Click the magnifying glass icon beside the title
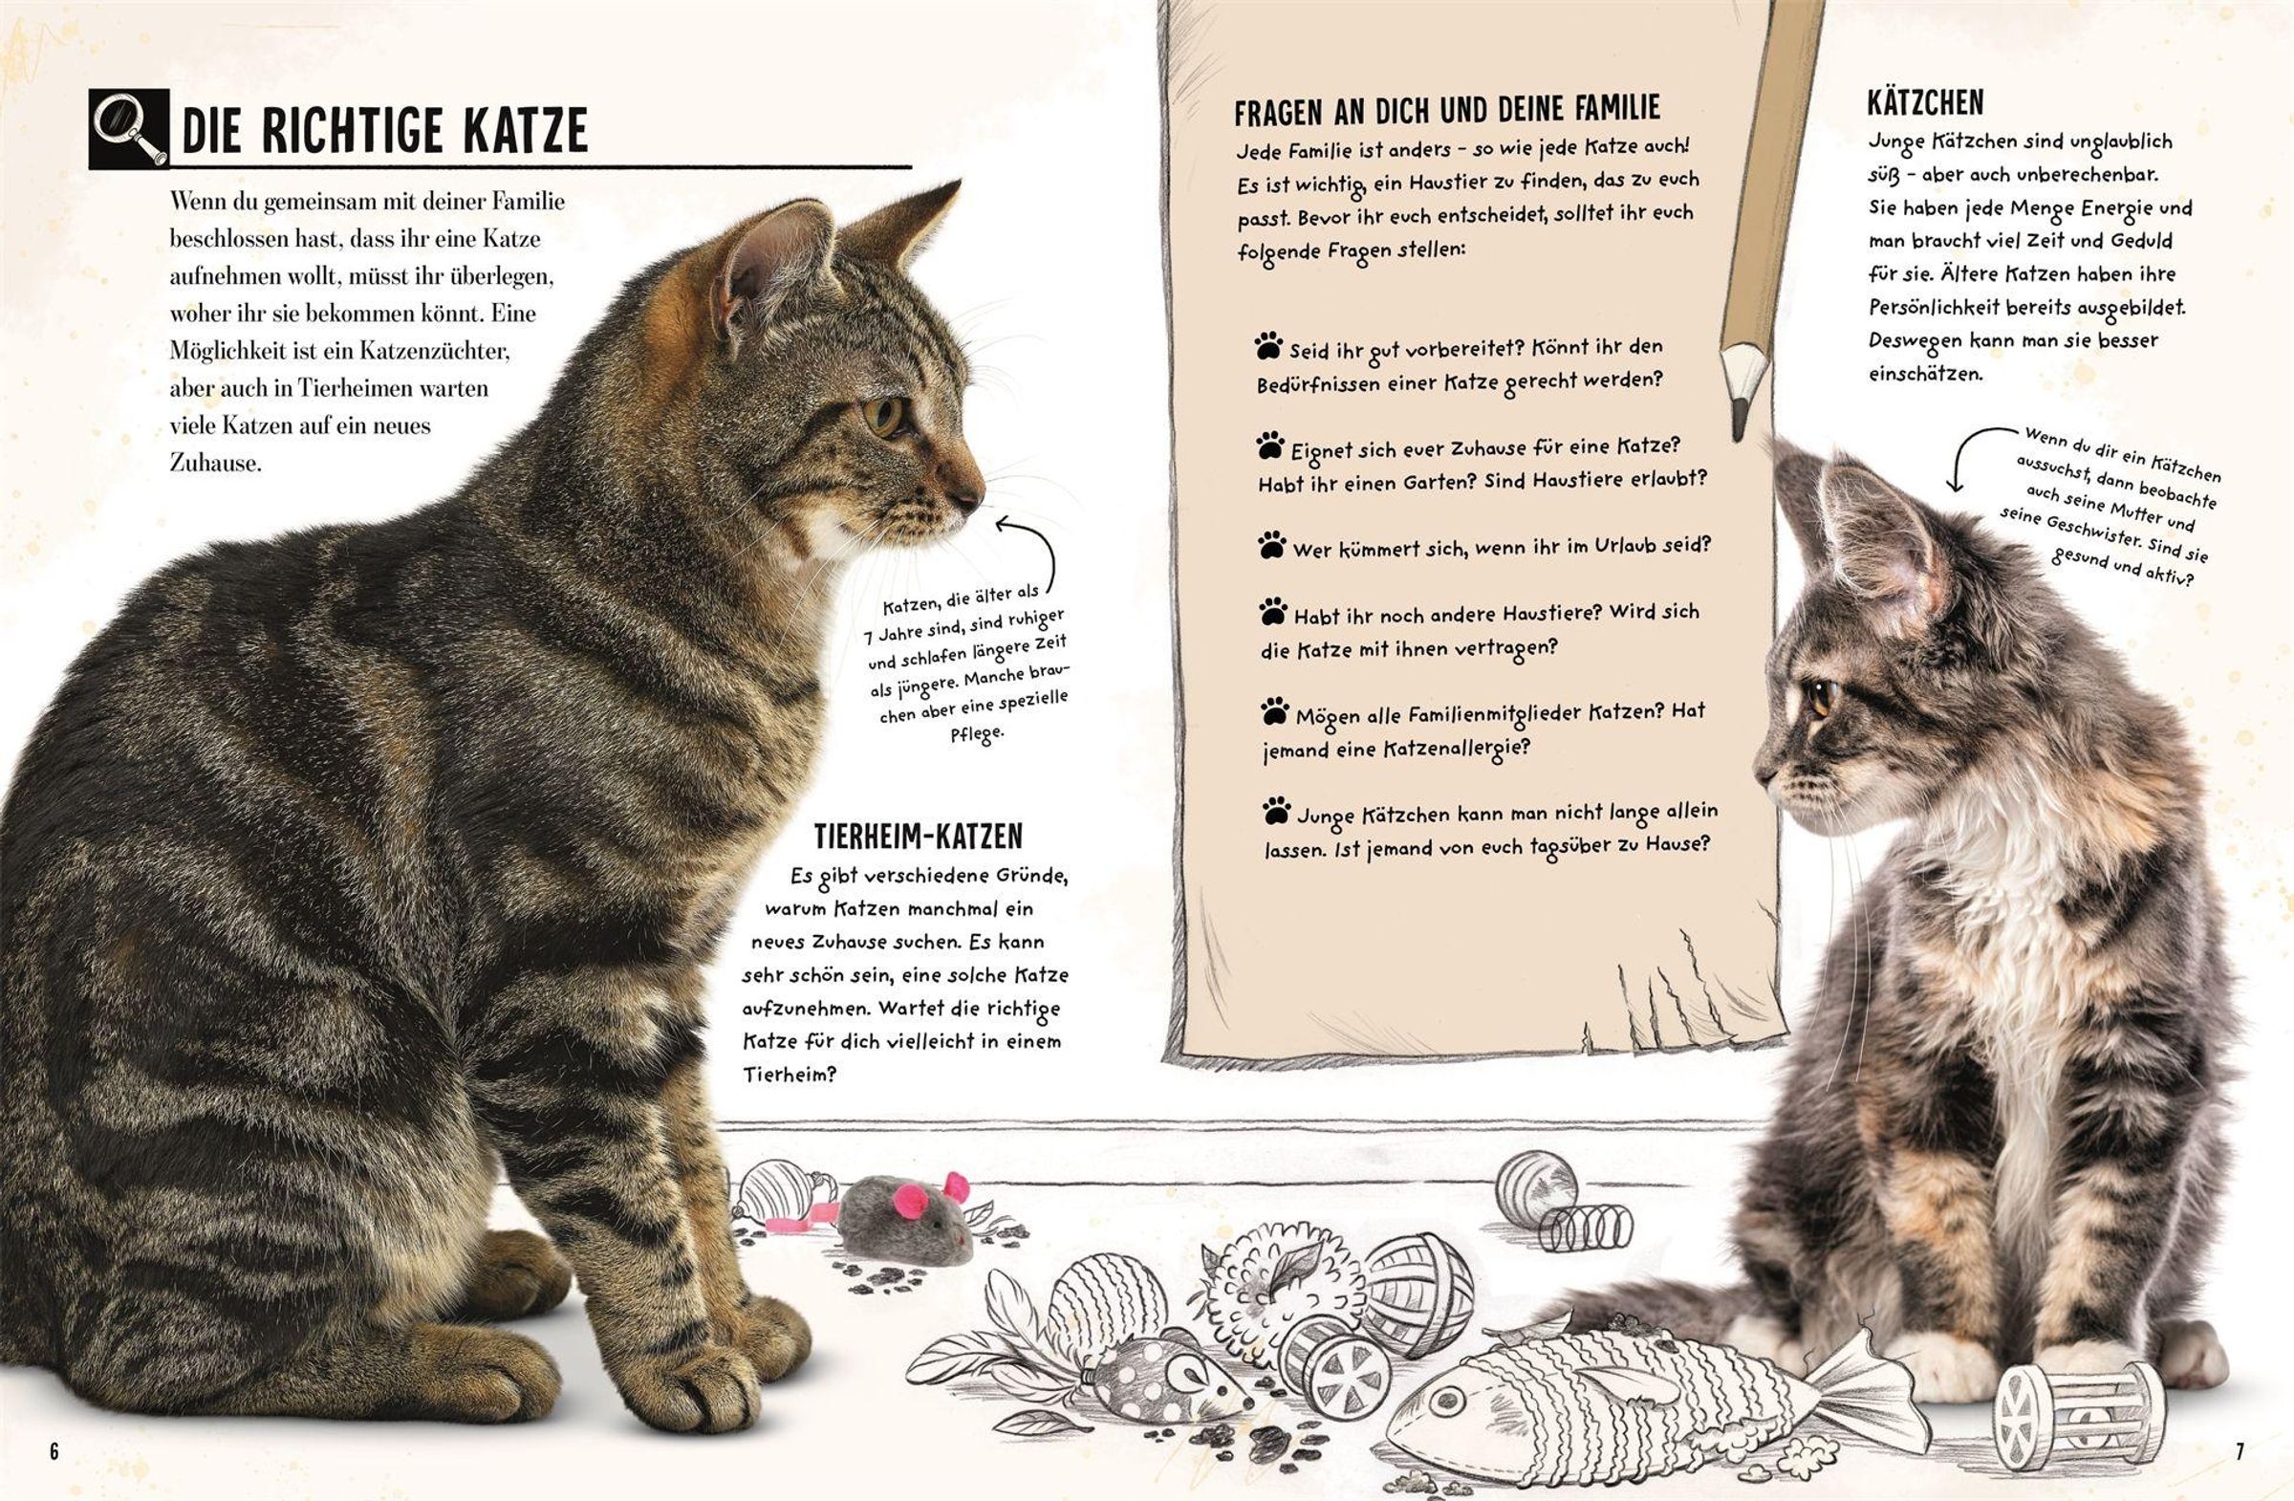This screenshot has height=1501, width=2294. click(129, 130)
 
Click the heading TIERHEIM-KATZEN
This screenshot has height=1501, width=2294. click(919, 836)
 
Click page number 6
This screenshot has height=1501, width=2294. click(54, 1451)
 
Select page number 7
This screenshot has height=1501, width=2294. click(2240, 1451)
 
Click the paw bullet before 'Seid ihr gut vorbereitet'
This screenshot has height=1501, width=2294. click(1268, 345)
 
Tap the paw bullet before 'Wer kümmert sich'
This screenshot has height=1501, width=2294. click(1271, 545)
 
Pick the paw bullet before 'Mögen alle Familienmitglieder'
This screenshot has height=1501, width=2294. click(1274, 712)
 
